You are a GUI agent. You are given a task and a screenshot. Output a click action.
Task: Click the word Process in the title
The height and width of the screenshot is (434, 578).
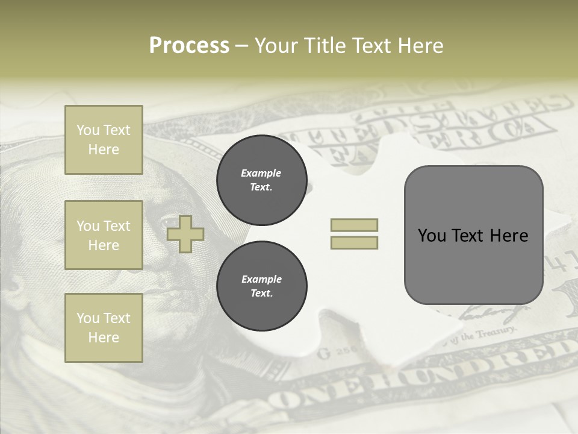[x=189, y=46]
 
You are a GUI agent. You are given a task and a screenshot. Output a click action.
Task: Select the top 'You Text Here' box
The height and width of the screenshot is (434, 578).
[x=104, y=140]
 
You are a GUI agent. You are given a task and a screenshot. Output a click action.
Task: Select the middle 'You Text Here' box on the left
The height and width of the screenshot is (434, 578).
[x=104, y=235]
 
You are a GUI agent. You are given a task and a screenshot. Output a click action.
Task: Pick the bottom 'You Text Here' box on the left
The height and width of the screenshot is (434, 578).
[x=104, y=328]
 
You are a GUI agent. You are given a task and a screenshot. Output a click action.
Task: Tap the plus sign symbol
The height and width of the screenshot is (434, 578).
[x=185, y=234]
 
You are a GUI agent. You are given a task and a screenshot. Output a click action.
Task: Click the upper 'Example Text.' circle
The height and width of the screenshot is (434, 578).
[x=261, y=180]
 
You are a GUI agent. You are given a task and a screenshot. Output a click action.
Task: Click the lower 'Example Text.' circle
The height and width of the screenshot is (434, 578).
[x=261, y=286]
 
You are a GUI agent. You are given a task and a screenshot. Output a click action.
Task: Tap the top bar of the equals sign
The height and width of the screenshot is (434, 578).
[x=354, y=225]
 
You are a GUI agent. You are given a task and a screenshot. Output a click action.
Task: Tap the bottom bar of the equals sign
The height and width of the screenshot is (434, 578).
[x=354, y=243]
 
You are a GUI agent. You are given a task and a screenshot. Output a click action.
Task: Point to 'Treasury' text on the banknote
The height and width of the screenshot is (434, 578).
[x=496, y=333]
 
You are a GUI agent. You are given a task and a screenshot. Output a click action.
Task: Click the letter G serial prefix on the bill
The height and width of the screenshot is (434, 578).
[x=324, y=353]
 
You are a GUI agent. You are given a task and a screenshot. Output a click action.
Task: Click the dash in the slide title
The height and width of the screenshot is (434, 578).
[x=241, y=46]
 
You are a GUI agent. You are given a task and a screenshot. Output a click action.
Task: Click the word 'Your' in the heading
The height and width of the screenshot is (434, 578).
[x=275, y=46]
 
